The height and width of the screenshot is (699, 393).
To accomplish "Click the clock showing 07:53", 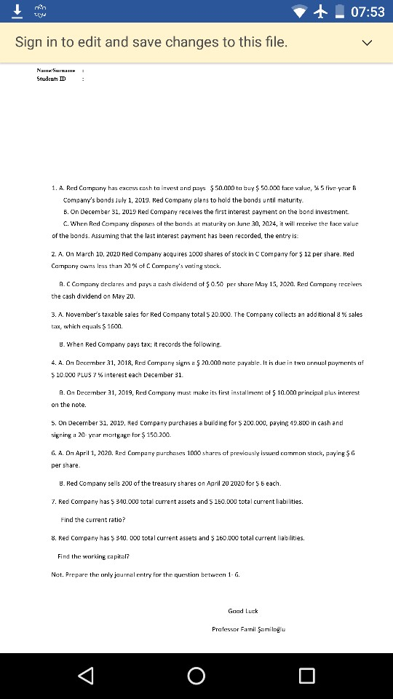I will [x=367, y=12].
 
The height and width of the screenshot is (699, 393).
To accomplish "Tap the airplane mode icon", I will [x=322, y=12].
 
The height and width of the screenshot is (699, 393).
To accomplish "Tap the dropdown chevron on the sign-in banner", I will [x=367, y=42].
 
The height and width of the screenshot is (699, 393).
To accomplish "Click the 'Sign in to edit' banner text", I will [x=151, y=42].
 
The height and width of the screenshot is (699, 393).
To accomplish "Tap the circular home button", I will [x=196, y=676].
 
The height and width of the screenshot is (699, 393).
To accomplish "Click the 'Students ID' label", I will [x=51, y=79].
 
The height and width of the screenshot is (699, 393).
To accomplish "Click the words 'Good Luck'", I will [x=243, y=611].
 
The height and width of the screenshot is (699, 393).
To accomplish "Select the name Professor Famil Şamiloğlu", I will [x=248, y=628].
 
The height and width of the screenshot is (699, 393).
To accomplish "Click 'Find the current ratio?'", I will [x=92, y=520].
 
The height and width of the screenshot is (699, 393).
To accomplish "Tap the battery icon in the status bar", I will [x=339, y=12].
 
